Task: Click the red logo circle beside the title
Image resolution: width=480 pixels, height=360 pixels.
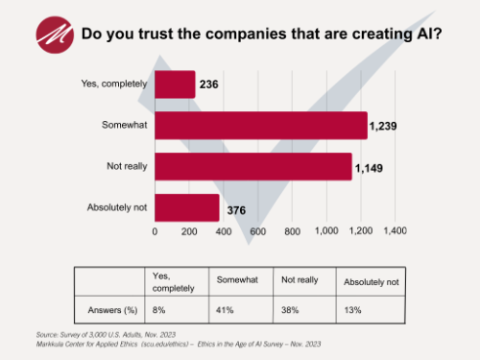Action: click(55, 34)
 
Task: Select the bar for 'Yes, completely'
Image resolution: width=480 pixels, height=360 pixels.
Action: click(175, 84)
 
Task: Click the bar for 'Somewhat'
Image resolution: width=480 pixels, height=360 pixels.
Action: click(260, 126)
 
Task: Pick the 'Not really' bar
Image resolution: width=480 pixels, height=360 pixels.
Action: click(252, 166)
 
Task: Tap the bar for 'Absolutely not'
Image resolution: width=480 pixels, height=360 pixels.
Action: click(187, 207)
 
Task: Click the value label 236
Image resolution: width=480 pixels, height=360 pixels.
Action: click(210, 85)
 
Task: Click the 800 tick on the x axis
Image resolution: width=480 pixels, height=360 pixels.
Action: click(291, 231)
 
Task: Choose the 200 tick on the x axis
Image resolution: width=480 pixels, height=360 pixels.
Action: click(189, 231)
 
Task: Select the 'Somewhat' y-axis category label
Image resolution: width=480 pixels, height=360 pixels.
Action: click(125, 126)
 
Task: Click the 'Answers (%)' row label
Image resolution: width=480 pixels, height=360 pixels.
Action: click(110, 310)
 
